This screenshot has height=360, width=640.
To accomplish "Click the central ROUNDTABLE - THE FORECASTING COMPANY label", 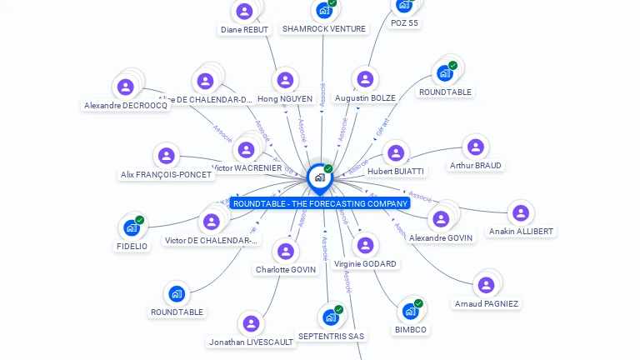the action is (x=320, y=203).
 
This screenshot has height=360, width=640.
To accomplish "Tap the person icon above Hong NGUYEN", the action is (x=285, y=80).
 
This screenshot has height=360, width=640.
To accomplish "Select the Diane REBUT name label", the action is (x=244, y=29).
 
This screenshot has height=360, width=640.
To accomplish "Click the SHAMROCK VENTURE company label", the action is (x=323, y=28).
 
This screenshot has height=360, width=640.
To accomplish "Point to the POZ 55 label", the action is (x=404, y=23).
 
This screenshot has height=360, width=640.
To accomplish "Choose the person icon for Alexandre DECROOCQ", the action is (x=125, y=87).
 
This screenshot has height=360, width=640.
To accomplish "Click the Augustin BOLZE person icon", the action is (x=364, y=79).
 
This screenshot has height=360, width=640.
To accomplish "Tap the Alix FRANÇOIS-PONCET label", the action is (x=167, y=175).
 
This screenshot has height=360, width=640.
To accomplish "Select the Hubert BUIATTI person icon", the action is (x=395, y=153).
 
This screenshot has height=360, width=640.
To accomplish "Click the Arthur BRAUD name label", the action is (x=476, y=166).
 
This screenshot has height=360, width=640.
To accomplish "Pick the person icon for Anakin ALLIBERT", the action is (x=520, y=213).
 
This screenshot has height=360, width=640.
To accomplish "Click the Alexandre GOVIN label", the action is (x=441, y=237).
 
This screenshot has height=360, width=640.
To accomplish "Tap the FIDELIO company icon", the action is (x=131, y=227).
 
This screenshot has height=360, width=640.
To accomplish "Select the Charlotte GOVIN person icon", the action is (x=285, y=251).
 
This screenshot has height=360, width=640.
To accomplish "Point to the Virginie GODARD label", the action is (x=365, y=263).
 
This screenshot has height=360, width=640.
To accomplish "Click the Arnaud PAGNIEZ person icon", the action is (x=486, y=285).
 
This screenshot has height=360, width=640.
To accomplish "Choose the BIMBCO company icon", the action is (x=409, y=312).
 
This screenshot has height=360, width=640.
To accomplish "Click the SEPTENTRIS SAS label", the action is (x=331, y=336).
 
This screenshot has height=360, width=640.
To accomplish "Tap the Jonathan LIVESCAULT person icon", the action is (x=251, y=323).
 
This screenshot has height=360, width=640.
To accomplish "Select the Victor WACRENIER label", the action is (x=247, y=167).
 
